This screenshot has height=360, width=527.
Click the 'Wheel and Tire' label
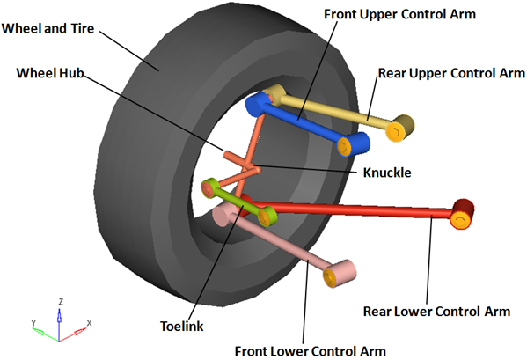(48, 28)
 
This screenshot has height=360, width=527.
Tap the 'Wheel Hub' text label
(50, 73)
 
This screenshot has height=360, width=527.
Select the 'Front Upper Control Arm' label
(399, 14)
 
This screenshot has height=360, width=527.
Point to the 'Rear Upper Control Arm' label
(451, 73)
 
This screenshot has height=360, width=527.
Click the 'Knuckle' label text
(387, 173)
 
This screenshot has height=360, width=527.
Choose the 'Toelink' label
(181, 326)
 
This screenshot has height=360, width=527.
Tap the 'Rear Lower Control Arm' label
(436, 312)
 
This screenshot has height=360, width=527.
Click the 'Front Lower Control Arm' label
(311, 351)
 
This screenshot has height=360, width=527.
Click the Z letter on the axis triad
(61, 302)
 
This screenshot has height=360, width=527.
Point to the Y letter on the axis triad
(33, 323)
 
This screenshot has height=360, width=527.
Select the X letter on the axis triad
(89, 323)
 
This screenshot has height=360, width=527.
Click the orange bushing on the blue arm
(344, 147)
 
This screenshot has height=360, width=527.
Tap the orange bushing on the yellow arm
(394, 131)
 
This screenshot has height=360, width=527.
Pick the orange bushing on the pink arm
(330, 277)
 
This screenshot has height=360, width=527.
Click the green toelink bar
(237, 201)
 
